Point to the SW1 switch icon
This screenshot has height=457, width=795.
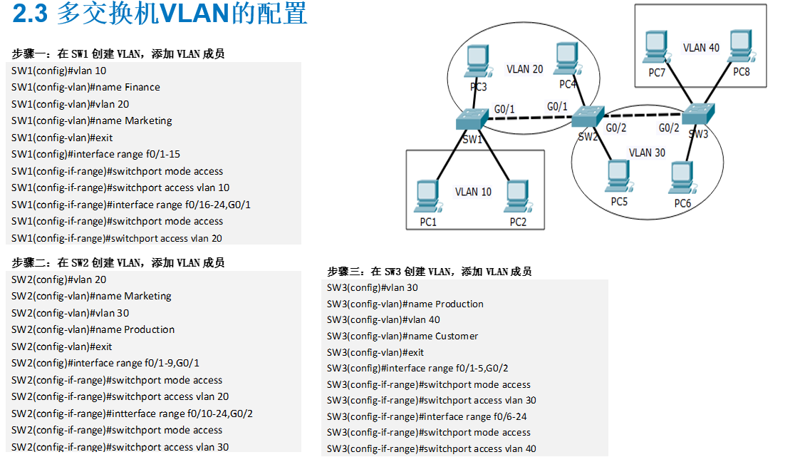[471, 119]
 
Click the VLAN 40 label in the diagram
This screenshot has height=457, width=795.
[701, 48]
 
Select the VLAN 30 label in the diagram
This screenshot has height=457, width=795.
[647, 153]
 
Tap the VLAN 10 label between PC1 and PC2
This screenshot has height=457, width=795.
[473, 192]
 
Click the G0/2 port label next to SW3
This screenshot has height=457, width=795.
[669, 128]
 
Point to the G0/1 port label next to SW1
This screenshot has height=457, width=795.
[504, 109]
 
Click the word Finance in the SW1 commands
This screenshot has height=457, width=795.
[142, 87]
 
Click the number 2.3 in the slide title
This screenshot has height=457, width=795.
[32, 14]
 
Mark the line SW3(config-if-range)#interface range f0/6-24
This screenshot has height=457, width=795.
[437, 416]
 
